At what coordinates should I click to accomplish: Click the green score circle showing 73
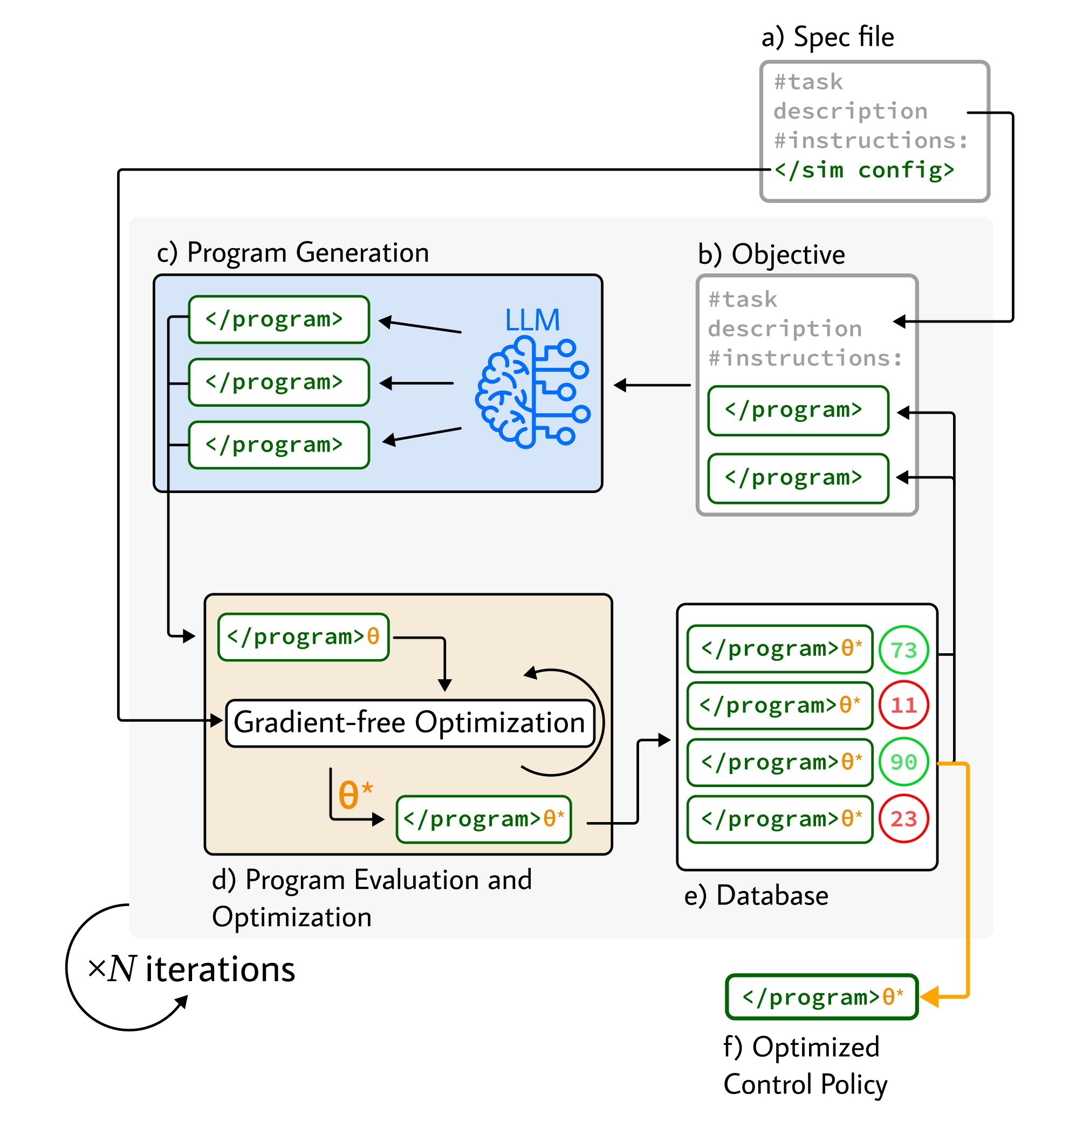(903, 649)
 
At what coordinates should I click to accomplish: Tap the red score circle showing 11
(903, 704)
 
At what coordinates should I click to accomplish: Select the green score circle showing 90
(903, 762)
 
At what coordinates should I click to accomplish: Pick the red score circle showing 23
(903, 819)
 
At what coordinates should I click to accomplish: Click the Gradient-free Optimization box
(410, 723)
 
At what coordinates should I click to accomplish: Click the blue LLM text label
(532, 319)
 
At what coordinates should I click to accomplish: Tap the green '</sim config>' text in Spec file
(865, 170)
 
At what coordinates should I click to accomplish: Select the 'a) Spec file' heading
(827, 37)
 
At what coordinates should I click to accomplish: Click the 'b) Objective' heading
(771, 254)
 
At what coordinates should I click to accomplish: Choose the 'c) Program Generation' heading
(292, 252)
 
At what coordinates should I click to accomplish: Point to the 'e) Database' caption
(756, 895)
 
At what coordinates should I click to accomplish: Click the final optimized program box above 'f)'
(821, 997)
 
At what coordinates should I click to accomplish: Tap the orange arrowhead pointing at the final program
(928, 997)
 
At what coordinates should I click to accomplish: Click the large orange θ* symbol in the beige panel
(355, 794)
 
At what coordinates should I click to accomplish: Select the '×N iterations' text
(191, 969)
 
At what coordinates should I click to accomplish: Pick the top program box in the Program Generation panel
(279, 319)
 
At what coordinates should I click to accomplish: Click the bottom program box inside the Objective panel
(798, 478)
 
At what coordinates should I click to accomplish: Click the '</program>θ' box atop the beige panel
(303, 637)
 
